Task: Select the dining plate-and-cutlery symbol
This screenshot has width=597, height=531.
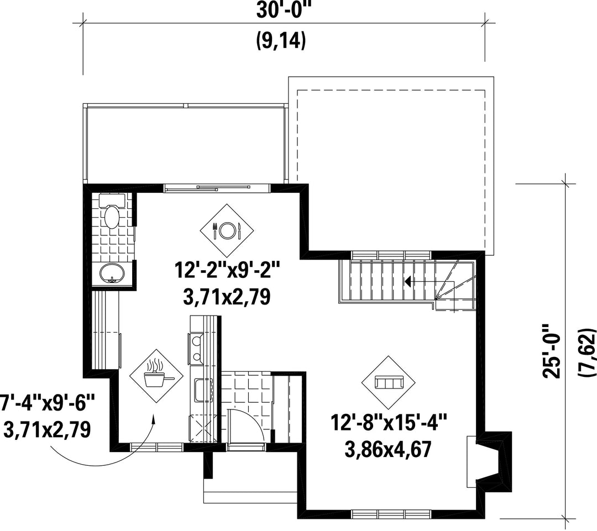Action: [x=227, y=230]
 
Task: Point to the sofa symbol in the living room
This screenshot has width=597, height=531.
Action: [x=389, y=382]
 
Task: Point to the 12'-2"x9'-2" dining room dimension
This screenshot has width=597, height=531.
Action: [x=227, y=270]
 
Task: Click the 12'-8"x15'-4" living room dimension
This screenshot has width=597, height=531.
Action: [x=389, y=423]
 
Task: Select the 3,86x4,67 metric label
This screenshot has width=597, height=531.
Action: [x=388, y=449]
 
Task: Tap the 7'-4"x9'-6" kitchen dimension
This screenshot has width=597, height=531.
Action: [x=46, y=403]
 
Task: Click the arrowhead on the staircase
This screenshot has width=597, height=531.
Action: [x=408, y=282]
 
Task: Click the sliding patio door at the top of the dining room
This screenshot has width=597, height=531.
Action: [x=217, y=188]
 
